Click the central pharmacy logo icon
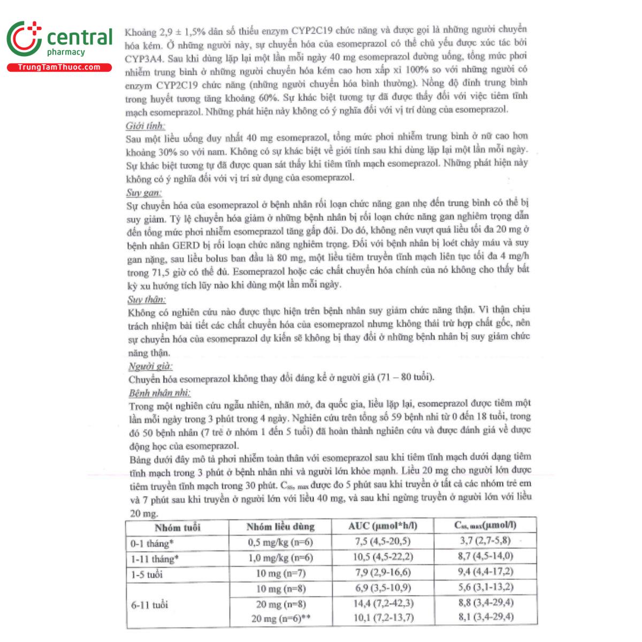(25, 39)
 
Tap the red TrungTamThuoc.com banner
(59, 67)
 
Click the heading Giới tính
(145, 126)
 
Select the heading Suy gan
(144, 193)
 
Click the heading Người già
(150, 366)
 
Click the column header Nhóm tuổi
(178, 528)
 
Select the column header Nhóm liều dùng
(280, 527)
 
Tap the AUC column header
(383, 526)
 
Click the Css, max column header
(485, 525)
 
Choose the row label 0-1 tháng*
(152, 544)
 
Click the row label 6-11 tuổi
(149, 605)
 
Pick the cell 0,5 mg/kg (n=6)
(280, 542)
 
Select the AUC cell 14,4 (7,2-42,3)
(383, 603)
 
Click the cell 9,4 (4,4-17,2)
(485, 572)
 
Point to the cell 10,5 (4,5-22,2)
(383, 557)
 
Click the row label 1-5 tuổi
(147, 575)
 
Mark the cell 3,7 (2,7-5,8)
(485, 541)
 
